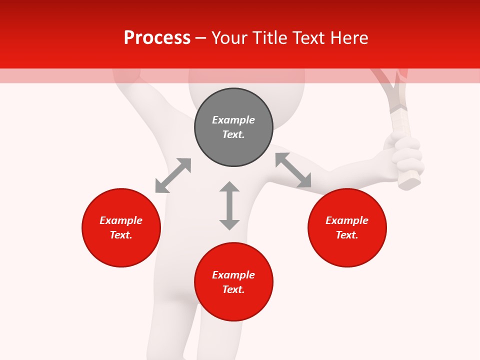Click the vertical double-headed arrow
229,205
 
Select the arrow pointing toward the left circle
173,175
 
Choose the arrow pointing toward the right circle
293,170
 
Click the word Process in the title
157,38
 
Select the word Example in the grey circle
233,120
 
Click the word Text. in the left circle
121,235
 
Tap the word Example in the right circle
347,220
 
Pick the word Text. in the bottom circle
233,289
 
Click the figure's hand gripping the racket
407,155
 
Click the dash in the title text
200,38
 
